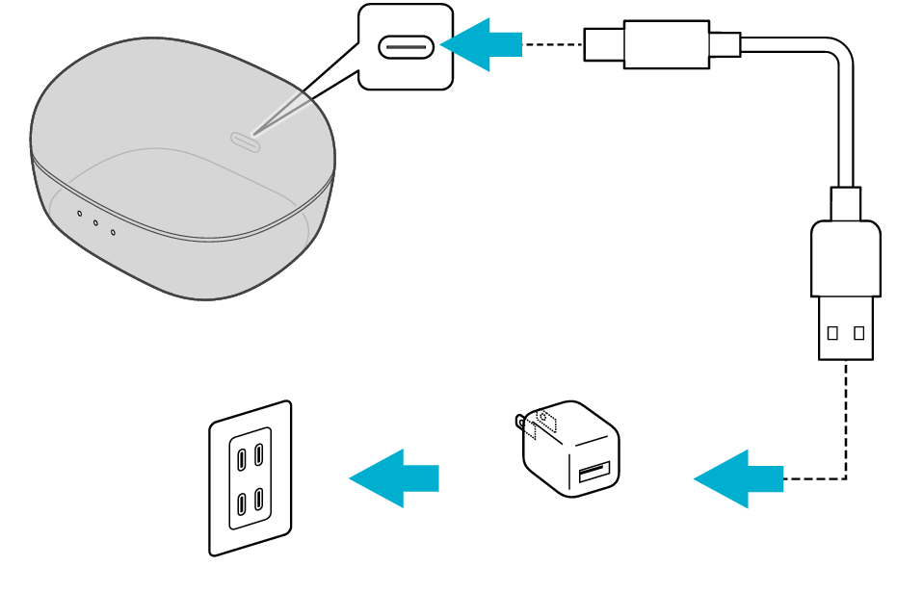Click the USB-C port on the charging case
(x=245, y=142)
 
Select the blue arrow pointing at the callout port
(x=481, y=44)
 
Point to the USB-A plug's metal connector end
(x=845, y=328)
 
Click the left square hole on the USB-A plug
(x=832, y=333)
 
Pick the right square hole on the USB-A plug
(x=858, y=333)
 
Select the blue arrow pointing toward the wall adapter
(x=738, y=478)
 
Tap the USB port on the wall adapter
(x=593, y=472)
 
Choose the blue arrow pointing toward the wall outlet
(x=393, y=478)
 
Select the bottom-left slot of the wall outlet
(x=241, y=504)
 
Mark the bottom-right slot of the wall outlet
(x=259, y=500)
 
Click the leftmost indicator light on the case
(x=79, y=214)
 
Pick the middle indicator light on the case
(x=95, y=222)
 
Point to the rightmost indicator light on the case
(x=113, y=231)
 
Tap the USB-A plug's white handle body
(x=845, y=258)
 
